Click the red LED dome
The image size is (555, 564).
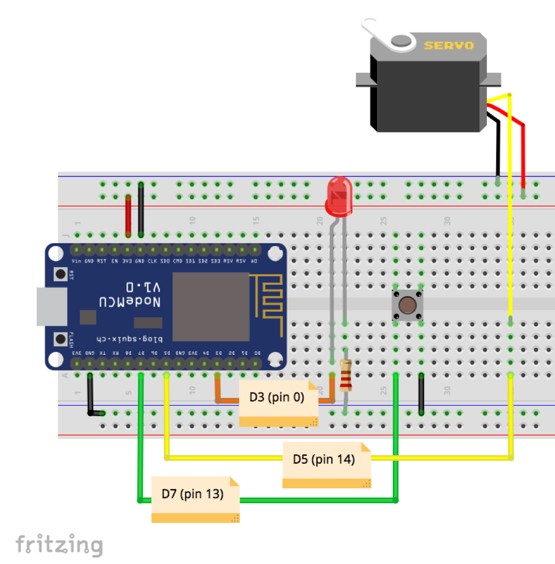click(x=339, y=196)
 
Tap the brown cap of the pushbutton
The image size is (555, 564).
click(x=407, y=305)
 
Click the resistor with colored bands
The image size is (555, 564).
click(x=345, y=375)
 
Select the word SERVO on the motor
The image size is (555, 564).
click(x=449, y=46)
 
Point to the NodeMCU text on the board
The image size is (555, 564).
click(x=130, y=302)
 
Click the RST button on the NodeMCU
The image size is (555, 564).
click(x=61, y=274)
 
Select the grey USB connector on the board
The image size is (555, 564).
click(x=52, y=306)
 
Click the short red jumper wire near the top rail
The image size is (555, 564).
click(x=128, y=216)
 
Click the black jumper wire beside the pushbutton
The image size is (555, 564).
click(x=421, y=394)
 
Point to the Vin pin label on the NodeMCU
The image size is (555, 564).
click(x=76, y=261)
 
